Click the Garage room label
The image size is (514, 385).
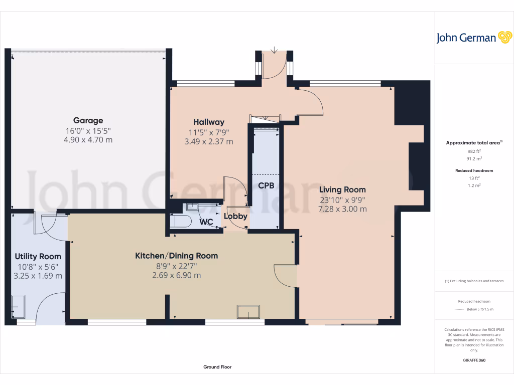click(88, 120)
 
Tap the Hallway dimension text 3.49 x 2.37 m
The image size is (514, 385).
click(209, 142)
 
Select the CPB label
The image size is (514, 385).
click(266, 185)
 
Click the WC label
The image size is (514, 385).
click(206, 222)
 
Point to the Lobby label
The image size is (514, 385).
click(235, 217)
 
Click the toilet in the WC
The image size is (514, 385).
click(180, 221)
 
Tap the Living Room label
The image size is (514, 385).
click(342, 189)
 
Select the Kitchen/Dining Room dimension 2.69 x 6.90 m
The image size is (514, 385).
click(176, 275)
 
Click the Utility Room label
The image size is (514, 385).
click(38, 256)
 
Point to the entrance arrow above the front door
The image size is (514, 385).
click(274, 50)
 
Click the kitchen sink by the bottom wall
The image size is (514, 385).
click(249, 312)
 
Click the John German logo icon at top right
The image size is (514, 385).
click(504, 38)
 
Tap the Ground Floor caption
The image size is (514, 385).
click(217, 367)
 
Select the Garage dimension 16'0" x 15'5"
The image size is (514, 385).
click(88, 130)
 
